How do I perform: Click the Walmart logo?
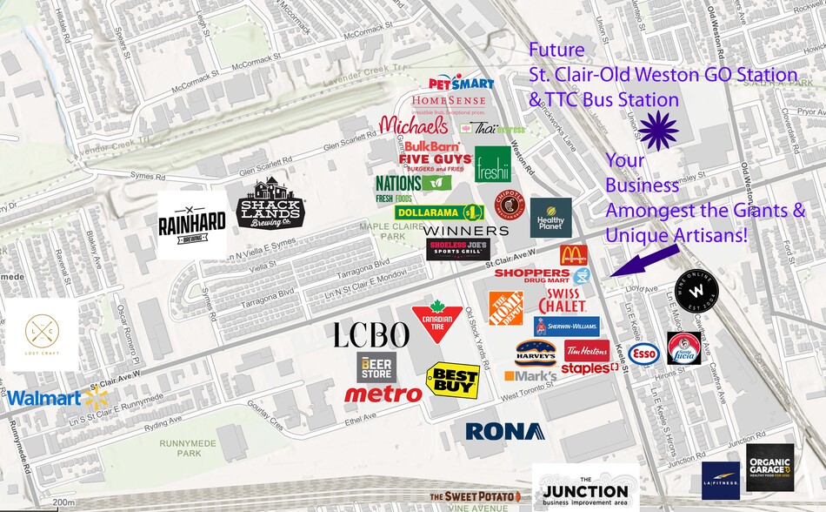click(57, 399)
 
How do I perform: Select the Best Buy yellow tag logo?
click(453, 380)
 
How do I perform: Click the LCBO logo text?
click(371, 335)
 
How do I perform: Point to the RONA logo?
click(504, 431)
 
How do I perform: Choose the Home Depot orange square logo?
click(506, 308)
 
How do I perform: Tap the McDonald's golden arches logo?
click(573, 254)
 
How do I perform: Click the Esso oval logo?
click(643, 353)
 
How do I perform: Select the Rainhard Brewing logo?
click(191, 222)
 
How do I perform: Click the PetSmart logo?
click(462, 83)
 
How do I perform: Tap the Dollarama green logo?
click(440, 212)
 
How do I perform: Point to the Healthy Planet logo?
click(551, 218)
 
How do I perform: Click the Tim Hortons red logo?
click(587, 349)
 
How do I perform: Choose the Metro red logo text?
click(383, 394)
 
